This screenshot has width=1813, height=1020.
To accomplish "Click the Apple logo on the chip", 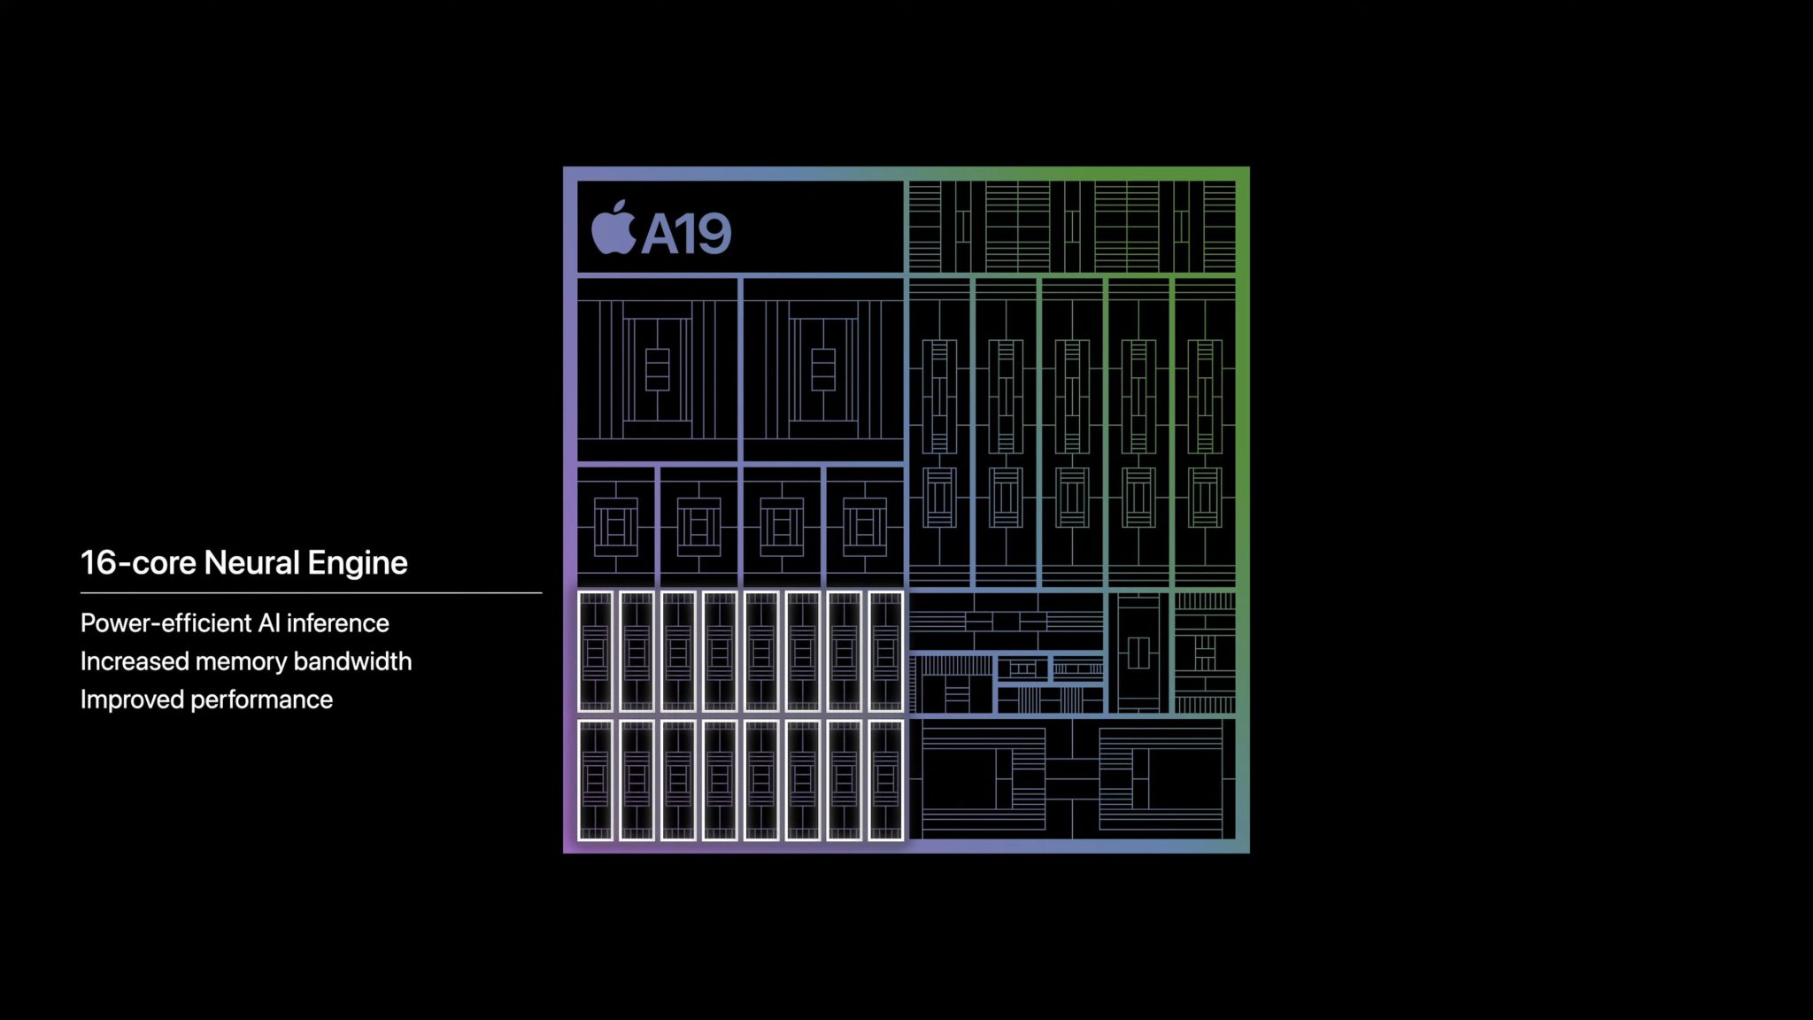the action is [613, 228].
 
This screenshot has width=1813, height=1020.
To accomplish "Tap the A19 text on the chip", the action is [686, 234].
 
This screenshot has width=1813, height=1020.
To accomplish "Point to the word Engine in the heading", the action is [358, 564].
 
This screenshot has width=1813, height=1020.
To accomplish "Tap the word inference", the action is [337, 623].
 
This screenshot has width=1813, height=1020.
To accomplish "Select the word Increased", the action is [135, 661].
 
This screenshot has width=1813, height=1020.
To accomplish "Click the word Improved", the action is [132, 700].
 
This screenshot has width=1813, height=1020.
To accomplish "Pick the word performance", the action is [262, 700].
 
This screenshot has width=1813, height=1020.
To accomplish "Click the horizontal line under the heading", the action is [311, 592].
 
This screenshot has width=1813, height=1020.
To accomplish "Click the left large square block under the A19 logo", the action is [657, 369].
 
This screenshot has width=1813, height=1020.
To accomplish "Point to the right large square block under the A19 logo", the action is [823, 369].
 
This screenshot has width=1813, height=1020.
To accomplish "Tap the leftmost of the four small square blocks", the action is [616, 527].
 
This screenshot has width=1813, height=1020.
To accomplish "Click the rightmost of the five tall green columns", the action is [1204, 433].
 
